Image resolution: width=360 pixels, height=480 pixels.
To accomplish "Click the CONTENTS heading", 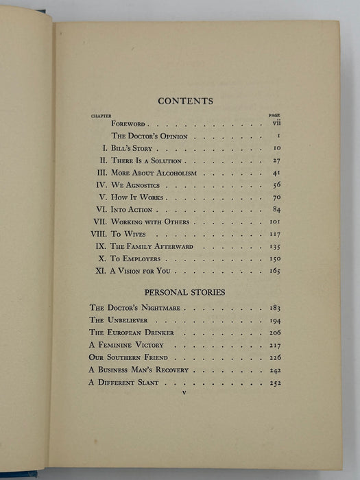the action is tap(185, 101).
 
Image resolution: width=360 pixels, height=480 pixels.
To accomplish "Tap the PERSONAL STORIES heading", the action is tap(185, 291).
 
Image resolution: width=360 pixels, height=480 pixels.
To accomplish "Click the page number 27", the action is tap(276, 160).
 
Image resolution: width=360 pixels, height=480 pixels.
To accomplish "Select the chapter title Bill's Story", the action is tap(134, 149).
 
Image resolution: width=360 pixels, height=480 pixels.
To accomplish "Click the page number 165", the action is tap(275, 272).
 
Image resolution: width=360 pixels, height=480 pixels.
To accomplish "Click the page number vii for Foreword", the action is tap(277, 124).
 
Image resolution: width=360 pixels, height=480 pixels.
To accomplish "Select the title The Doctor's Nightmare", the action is tap(134, 308).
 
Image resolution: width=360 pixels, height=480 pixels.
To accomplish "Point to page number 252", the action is tap(275, 382).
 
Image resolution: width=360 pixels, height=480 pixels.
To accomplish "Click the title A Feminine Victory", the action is tap(128, 345).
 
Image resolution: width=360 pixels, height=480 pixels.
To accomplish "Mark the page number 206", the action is tap(275, 333).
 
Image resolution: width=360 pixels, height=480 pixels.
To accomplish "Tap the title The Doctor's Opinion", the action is tap(145, 136).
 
